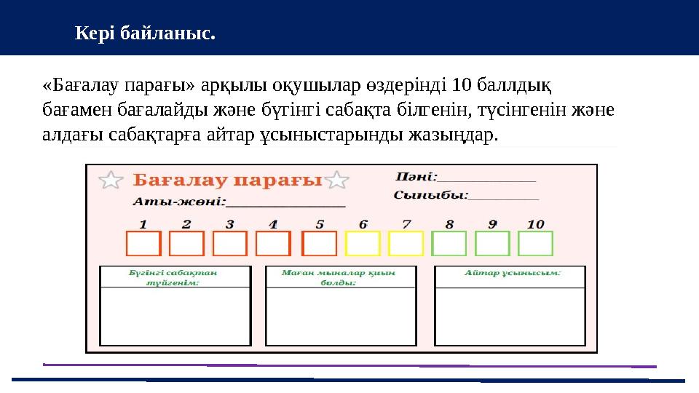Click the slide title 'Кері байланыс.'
coord(146,33)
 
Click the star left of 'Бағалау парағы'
coord(110,180)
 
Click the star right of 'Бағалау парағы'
coord(337,180)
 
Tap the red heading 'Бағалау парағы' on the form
coord(228,180)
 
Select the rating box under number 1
coord(143,244)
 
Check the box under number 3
coord(230,244)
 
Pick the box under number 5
coord(319,244)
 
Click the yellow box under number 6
coord(363,244)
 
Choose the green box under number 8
coord(449,244)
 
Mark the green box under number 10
coord(535,244)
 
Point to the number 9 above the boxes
coord(493,224)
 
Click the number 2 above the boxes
coord(187,224)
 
